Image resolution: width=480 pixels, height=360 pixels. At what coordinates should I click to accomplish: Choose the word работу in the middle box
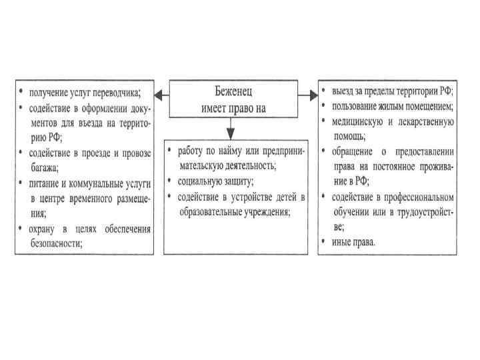189,151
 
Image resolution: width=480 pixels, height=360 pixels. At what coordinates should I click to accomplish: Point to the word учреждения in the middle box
263,211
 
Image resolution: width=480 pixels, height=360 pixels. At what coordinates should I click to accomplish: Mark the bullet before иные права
324,241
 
